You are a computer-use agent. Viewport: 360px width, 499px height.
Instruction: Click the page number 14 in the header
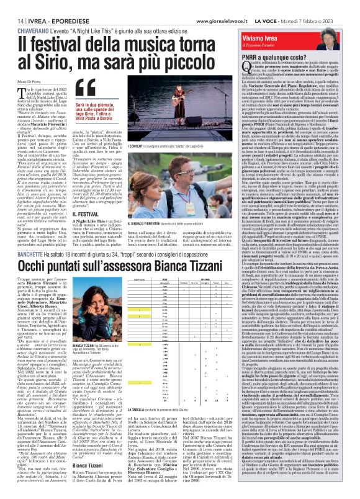click(x=12, y=5)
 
